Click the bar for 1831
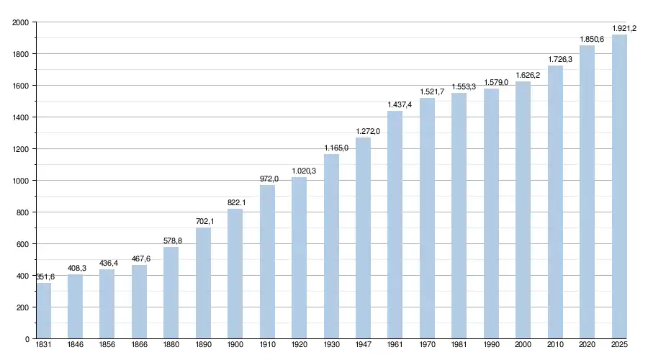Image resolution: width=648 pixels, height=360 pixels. click(x=44, y=311)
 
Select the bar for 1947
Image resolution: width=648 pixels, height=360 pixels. click(x=363, y=238)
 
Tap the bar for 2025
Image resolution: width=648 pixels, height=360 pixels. click(x=619, y=186)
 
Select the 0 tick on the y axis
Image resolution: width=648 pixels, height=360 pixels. click(x=26, y=339)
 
